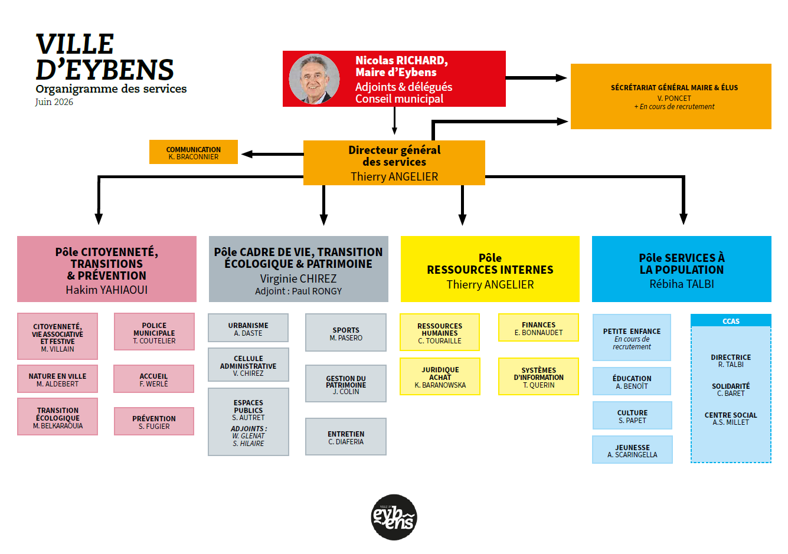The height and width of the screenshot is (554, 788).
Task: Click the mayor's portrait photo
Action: coord(314,79)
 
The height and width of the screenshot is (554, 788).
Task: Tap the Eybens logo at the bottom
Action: coord(394,517)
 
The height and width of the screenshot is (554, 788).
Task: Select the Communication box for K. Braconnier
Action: coord(194,152)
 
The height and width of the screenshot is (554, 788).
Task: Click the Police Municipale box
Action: coord(154,332)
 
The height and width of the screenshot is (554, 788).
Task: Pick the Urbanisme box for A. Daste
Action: coord(248,328)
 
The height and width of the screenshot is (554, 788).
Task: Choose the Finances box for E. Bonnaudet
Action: coord(538,327)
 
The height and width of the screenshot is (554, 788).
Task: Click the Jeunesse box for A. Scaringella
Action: coord(632,450)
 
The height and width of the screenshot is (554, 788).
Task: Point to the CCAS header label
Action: coord(731,322)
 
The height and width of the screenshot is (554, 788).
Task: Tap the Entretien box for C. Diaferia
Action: coord(346,437)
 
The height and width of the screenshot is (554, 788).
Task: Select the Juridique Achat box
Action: coord(440,376)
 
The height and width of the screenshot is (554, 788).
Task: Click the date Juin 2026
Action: coord(54,102)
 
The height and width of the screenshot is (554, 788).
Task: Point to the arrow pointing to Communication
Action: coord(273,154)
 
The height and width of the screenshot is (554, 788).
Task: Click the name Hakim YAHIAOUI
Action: coord(107,290)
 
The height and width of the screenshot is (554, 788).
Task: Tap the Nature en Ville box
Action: coord(58,379)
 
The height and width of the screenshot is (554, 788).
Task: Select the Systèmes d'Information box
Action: coord(538,376)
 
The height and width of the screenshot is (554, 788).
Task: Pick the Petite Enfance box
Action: coord(632,338)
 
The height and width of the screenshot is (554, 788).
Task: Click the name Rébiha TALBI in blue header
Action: coord(682,284)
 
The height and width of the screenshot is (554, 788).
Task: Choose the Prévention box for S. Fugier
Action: coord(154,421)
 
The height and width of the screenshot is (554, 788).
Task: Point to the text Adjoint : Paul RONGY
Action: coord(298,291)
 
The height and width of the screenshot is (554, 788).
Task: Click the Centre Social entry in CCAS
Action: coord(731,419)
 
